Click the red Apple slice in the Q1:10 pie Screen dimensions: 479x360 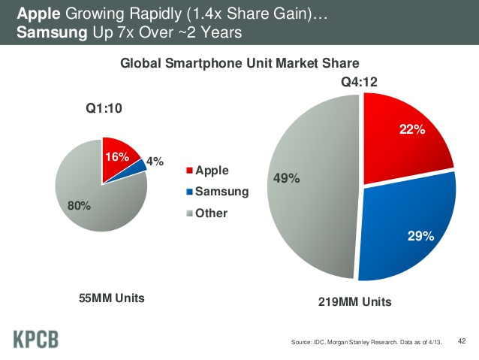coord(118,159)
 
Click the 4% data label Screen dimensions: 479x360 coord(155,161)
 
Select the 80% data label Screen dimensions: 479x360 coord(79,206)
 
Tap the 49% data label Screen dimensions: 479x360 coord(286,178)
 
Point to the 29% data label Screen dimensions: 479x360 coord(420,236)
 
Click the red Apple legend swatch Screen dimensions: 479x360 coord(189,171)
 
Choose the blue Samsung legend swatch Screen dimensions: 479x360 coord(189,192)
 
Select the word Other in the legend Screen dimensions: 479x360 coord(212,213)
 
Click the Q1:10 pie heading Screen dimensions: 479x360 coord(104,108)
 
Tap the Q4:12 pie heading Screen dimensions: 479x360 coord(359,82)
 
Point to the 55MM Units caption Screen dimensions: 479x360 coord(112,298)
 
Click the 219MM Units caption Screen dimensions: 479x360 coord(354,302)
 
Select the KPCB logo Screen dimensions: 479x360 coord(36,339)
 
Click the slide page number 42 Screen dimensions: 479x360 coord(462,341)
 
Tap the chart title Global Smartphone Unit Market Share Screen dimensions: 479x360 coord(239,63)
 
